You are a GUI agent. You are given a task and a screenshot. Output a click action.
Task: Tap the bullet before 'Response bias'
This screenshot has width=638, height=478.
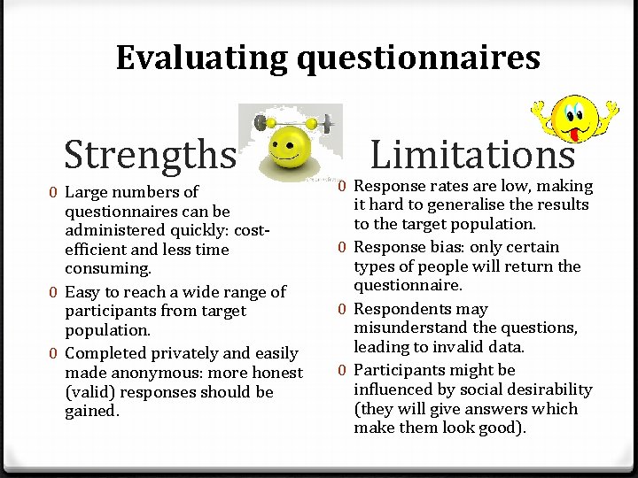342,247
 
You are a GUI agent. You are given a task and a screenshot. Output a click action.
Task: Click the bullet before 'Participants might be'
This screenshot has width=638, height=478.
342,370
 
